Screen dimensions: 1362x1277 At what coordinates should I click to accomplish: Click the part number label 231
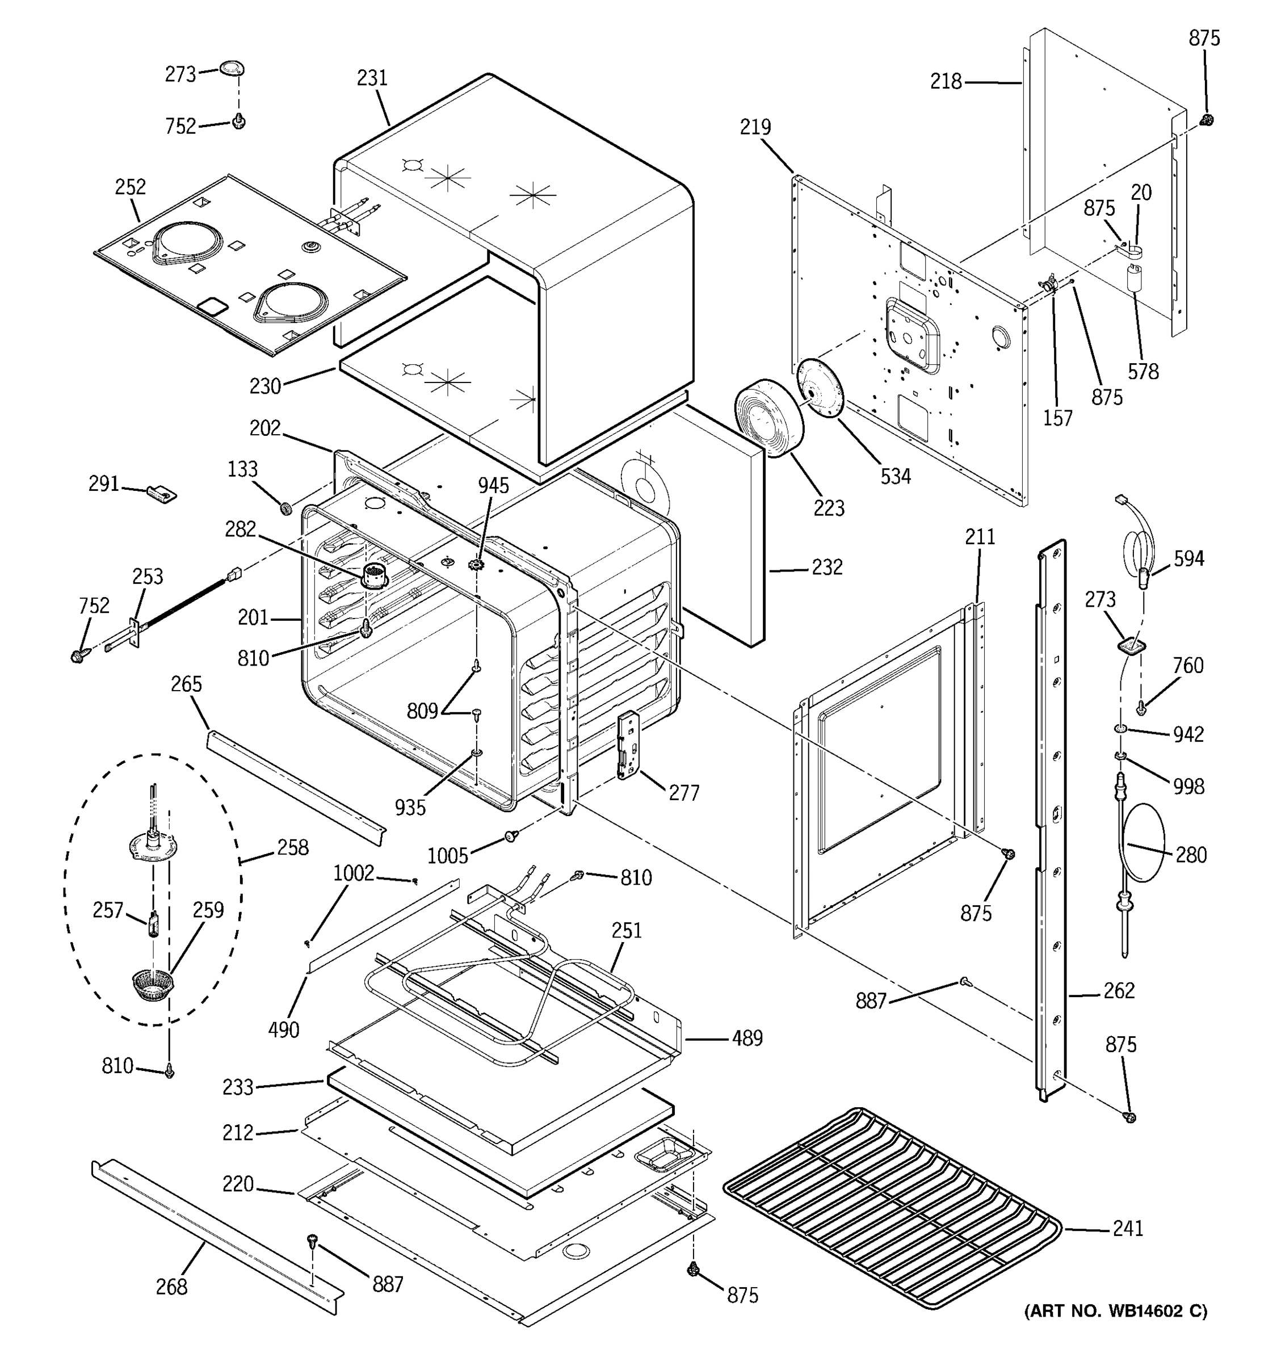tap(372, 78)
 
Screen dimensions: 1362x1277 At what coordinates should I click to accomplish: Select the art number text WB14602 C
tap(1115, 1310)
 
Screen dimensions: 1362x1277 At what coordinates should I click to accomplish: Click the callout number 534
tap(896, 476)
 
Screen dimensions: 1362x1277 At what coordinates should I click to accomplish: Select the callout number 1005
tap(447, 856)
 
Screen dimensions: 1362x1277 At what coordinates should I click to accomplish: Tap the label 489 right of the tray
tap(747, 1039)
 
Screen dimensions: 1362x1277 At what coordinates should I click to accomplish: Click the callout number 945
tap(493, 486)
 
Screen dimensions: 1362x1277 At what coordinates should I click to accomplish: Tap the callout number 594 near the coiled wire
tap(1188, 559)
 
